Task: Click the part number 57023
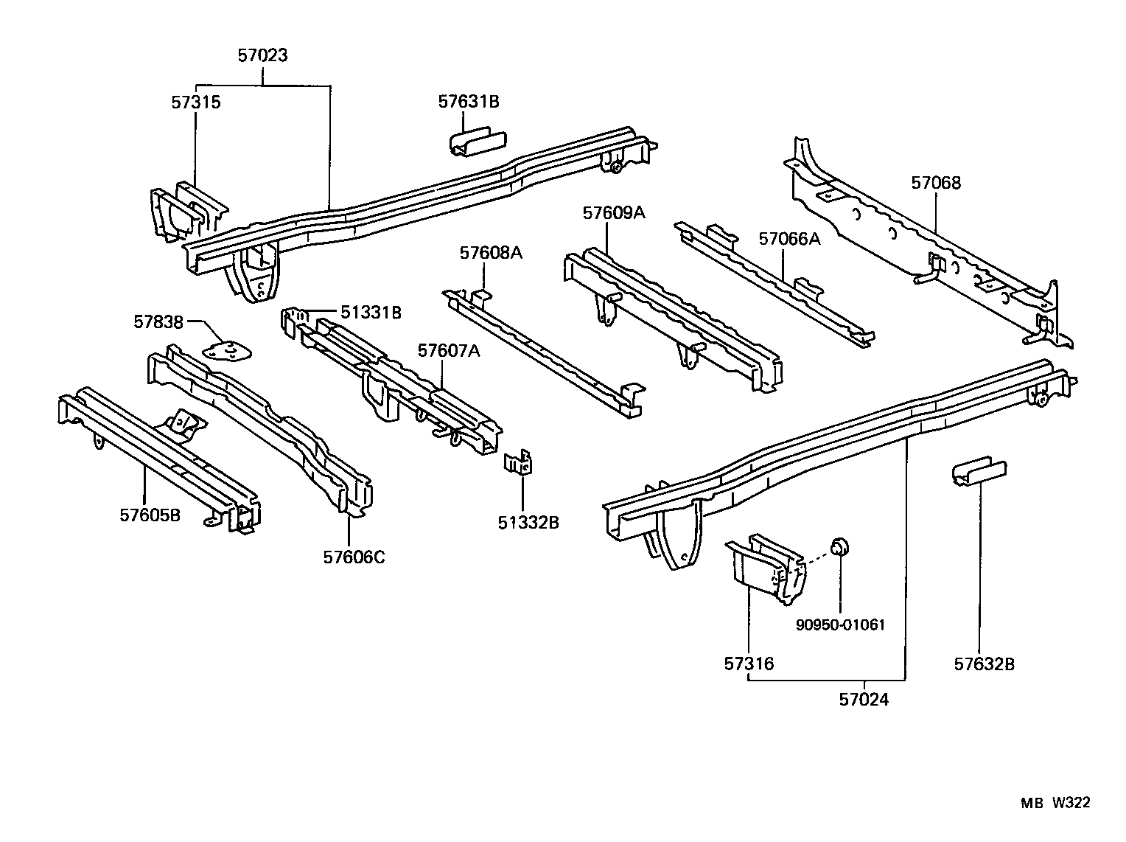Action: (x=262, y=55)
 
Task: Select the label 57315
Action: (x=196, y=102)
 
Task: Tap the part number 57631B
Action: (x=469, y=102)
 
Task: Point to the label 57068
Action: (x=936, y=183)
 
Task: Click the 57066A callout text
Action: (x=789, y=238)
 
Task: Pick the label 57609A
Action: (x=614, y=213)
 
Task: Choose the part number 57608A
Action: (x=491, y=253)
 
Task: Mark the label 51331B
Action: (x=371, y=313)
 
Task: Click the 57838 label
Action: (x=158, y=321)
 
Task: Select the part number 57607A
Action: (x=449, y=351)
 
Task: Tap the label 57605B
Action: (x=150, y=515)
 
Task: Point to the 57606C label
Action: (x=354, y=556)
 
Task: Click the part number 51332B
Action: (x=528, y=523)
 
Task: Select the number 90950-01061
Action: (x=840, y=624)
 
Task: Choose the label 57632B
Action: (x=985, y=664)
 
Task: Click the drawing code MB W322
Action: (x=1055, y=803)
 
